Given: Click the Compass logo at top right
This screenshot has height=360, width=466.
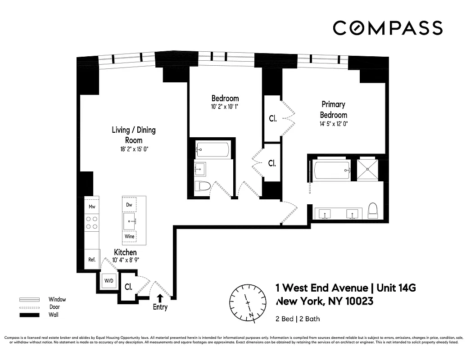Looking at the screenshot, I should tap(387, 28).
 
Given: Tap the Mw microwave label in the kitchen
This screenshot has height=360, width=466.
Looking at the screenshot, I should tap(91, 207).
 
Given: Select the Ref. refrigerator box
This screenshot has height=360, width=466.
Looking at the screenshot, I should tap(91, 260).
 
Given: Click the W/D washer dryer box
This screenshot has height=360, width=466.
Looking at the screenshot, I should tap(109, 281).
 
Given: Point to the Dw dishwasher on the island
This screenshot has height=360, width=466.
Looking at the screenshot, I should tap(129, 205).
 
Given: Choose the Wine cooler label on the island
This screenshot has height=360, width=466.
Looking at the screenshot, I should tap(129, 236).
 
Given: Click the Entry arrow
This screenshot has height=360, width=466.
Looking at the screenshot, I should tap(160, 297).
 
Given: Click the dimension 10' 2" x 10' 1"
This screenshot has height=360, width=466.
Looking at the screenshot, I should tap(225, 107).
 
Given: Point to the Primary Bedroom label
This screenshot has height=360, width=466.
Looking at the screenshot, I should tap(334, 109).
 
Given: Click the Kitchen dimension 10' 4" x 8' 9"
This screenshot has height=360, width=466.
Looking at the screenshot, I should tap(125, 260).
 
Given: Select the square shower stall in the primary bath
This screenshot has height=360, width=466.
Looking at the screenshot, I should tap(368, 170).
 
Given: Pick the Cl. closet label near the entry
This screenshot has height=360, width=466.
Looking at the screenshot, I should tap(128, 286).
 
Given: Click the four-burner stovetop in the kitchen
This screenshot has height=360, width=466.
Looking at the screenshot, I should tap(92, 222).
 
